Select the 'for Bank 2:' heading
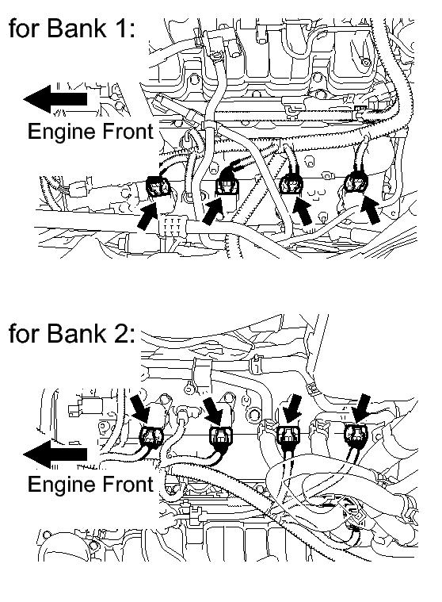pyautogui.click(x=72, y=333)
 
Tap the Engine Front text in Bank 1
pyautogui.click(x=90, y=132)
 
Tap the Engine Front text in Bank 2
pyautogui.click(x=90, y=485)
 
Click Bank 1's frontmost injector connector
pyautogui.click(x=157, y=188)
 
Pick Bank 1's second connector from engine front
pyautogui.click(x=227, y=187)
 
